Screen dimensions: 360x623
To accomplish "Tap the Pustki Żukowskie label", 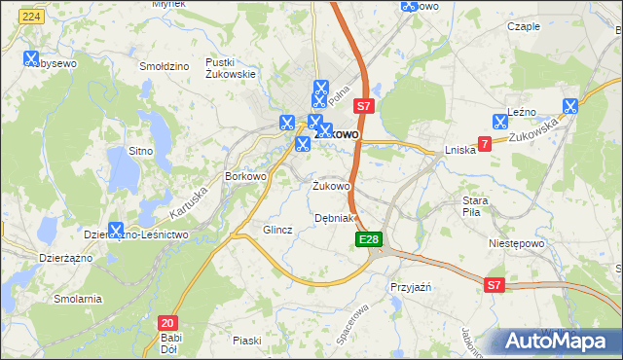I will point(230,67).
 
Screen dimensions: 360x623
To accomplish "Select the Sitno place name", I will point(141,151).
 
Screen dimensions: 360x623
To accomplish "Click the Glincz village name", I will point(278,230).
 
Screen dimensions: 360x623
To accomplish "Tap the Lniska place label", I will point(459,150).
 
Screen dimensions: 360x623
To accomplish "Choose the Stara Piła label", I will point(481,205).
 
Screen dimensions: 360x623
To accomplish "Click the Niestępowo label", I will point(514,244).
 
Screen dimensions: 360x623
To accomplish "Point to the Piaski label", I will point(247,340).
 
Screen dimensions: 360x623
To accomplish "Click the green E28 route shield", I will point(369,239).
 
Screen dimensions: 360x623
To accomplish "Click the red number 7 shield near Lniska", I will point(484,144).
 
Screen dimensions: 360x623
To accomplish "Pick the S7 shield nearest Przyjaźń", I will point(495,285).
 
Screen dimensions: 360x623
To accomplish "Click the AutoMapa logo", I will point(553,341).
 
